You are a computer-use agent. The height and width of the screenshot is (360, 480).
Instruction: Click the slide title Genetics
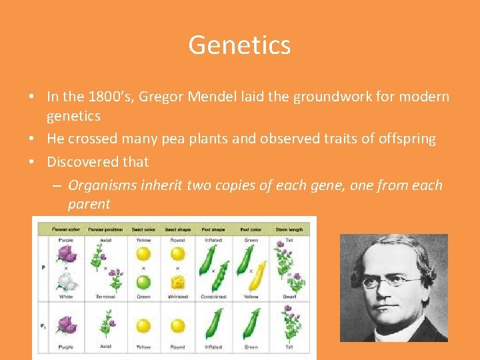(239, 45)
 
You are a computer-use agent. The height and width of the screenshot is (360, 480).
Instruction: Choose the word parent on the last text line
(89, 204)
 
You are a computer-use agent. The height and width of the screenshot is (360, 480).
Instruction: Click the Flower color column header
(65, 229)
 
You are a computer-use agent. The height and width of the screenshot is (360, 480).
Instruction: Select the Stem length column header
(289, 229)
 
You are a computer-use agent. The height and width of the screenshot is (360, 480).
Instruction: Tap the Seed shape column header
(177, 229)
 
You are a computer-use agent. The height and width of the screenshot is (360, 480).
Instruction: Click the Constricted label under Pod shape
(214, 297)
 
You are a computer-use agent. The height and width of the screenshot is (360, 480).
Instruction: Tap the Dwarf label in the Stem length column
(289, 297)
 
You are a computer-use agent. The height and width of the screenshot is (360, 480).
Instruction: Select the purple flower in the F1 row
(65, 325)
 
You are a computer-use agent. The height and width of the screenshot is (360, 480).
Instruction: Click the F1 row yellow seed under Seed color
(143, 325)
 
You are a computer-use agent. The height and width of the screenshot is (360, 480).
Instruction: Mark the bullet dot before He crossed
(32, 139)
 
